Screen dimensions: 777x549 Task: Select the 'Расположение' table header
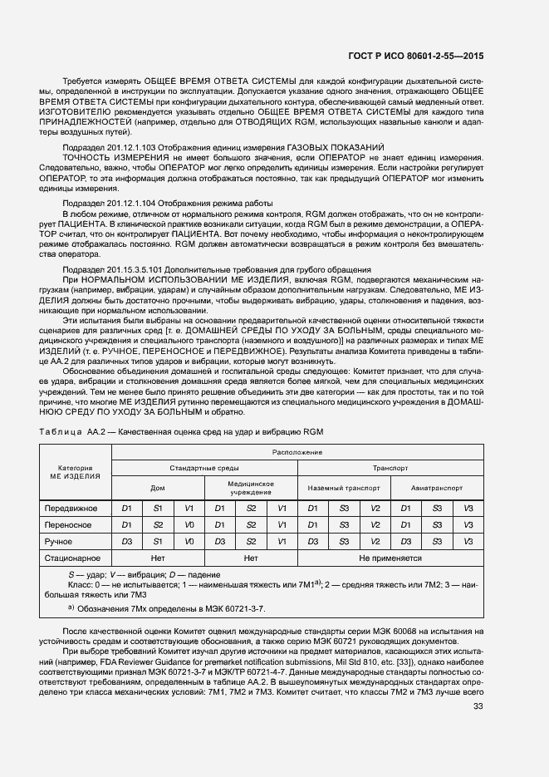coord(297,452)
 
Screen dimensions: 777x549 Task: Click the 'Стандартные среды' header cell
coord(204,469)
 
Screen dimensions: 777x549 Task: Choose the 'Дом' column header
coord(157,488)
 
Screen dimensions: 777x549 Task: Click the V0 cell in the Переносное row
coord(189,524)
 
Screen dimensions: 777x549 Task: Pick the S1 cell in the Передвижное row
coord(158,508)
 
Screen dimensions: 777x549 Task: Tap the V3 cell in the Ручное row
coord(468,541)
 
